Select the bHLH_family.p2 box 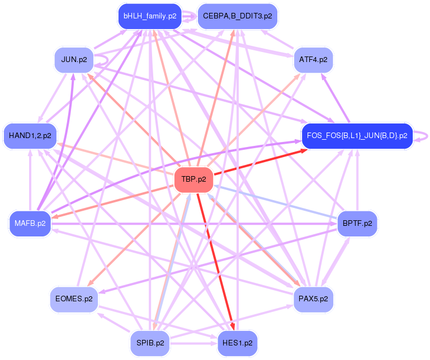[x=150, y=16]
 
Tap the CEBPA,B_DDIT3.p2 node [x=238, y=16]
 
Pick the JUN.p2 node [x=74, y=60]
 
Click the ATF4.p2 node [x=313, y=60]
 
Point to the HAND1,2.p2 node [x=31, y=135]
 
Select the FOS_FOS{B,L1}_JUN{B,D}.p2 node [x=357, y=136]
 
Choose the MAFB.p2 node [x=30, y=224]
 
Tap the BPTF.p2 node [x=357, y=224]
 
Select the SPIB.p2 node [x=150, y=343]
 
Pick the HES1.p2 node [x=238, y=343]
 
